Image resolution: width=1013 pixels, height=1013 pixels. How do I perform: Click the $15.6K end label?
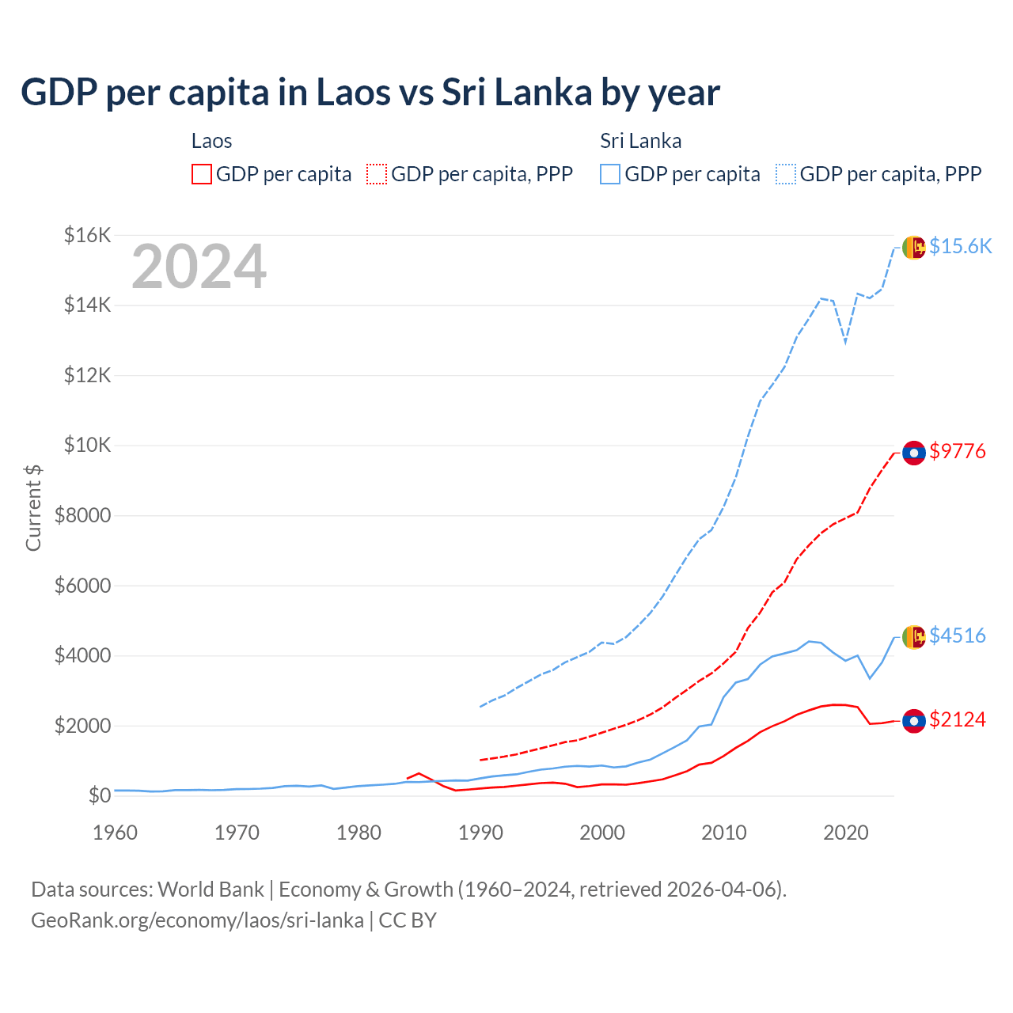point(960,246)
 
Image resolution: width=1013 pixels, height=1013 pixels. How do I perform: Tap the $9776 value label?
point(958,451)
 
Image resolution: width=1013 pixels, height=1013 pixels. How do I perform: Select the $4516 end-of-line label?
point(958,635)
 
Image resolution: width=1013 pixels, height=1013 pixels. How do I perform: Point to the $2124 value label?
point(958,719)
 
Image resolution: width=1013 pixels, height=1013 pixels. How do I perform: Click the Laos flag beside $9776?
point(914,453)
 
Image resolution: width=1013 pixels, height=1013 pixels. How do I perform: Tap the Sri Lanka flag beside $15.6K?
point(914,248)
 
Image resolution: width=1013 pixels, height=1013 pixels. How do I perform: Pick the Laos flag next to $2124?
point(914,721)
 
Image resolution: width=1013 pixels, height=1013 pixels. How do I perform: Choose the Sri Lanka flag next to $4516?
point(914,636)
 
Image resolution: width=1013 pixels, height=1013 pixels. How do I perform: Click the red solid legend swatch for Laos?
point(202,174)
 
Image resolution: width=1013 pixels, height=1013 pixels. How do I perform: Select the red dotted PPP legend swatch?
point(377,174)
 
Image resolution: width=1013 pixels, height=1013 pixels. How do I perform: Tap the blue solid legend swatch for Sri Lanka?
point(610,174)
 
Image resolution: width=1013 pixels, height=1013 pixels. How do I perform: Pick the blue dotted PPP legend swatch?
point(786,174)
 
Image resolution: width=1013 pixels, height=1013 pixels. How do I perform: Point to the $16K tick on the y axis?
point(87,235)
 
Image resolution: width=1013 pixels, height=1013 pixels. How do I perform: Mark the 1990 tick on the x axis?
point(480,833)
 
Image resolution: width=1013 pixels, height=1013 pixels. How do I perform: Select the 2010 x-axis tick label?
point(724,833)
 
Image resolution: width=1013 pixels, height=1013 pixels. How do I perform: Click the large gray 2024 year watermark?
point(199,267)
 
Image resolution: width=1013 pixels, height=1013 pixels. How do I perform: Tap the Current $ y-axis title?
point(33,507)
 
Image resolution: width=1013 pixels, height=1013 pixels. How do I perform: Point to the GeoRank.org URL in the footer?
point(197,920)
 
